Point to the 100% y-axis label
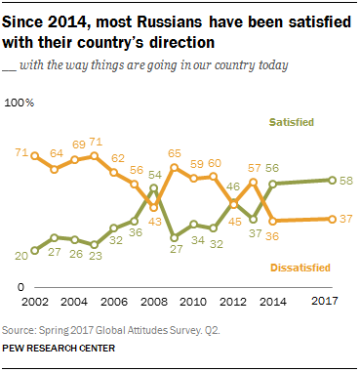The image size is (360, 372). tap(21, 102)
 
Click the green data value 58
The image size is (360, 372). tap(347, 181)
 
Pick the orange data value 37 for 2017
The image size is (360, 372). tap(347, 219)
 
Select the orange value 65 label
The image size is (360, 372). tap(176, 153)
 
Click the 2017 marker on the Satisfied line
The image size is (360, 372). tap(332, 181)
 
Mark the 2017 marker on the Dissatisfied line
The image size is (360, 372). tap(332, 219)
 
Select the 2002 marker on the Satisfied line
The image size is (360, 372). tap(35, 250)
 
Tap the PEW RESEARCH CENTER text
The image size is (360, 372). tap(58, 348)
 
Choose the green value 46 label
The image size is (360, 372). tap(234, 186)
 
